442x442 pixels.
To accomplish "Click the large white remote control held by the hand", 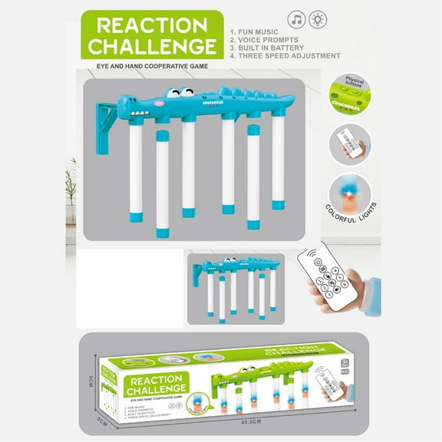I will point(325,275).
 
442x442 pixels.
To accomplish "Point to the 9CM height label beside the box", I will point(91,381).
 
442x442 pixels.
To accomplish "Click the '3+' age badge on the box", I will point(345,361).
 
